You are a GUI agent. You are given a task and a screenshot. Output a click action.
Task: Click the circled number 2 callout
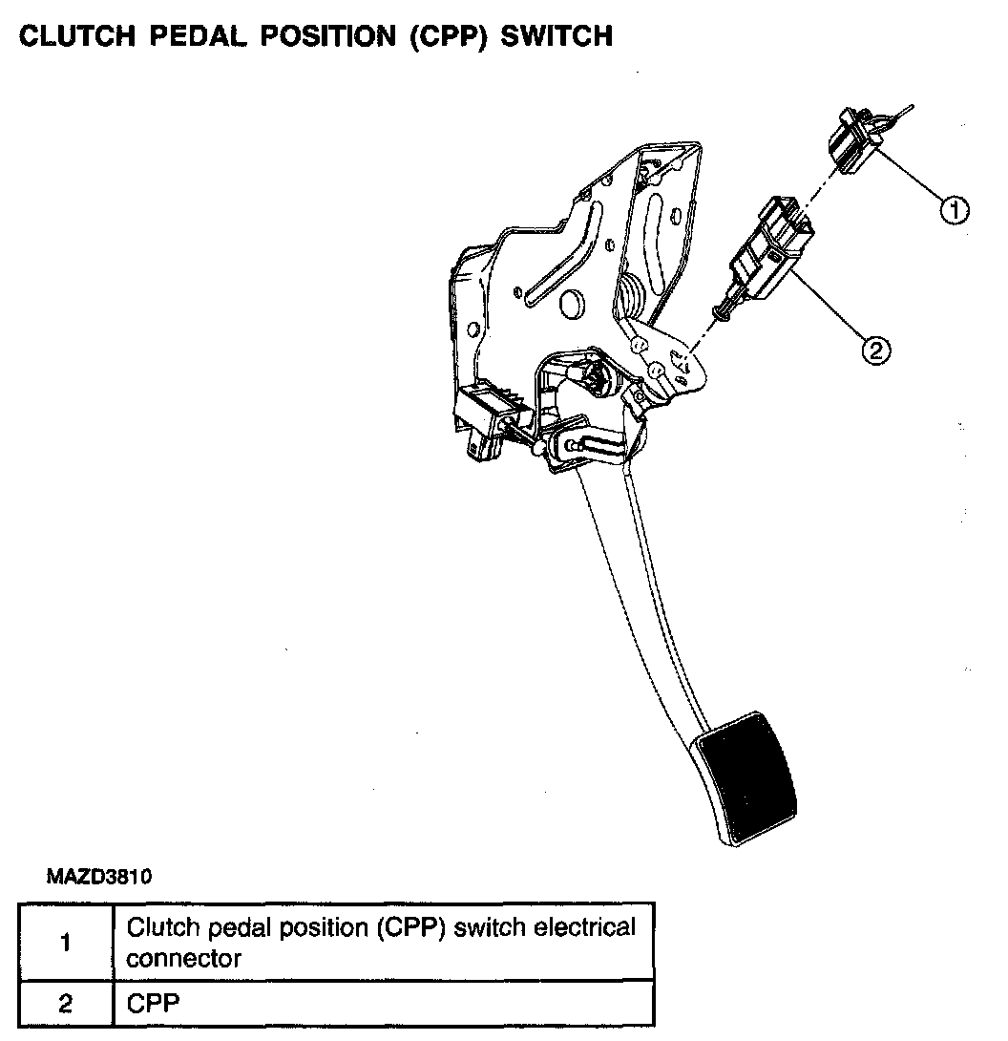[x=875, y=351]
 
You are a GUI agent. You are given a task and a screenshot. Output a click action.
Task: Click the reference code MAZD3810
[x=99, y=875]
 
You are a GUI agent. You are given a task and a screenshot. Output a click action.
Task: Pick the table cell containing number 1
[x=65, y=942]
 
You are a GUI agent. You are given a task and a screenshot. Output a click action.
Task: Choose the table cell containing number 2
[x=65, y=1004]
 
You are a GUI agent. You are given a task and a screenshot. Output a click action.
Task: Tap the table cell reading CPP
[x=382, y=1004]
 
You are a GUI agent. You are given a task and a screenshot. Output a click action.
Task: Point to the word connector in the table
[x=184, y=958]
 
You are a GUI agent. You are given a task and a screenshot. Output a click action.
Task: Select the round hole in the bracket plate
[x=572, y=306]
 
